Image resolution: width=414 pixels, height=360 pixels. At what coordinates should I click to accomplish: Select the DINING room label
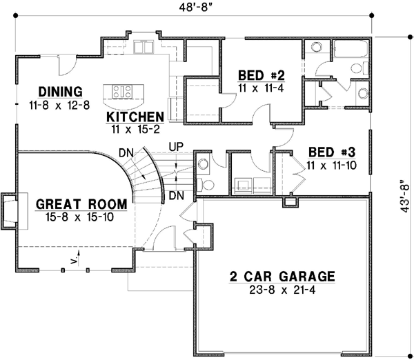(61, 91)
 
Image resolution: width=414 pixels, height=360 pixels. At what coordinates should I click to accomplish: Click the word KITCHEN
(135, 117)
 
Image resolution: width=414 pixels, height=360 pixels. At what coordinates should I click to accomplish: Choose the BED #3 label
(324, 152)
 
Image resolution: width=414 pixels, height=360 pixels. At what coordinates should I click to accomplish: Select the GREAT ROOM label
(81, 204)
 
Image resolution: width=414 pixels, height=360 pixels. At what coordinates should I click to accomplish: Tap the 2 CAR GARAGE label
(282, 277)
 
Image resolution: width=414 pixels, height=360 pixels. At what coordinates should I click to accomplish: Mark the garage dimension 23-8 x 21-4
(282, 290)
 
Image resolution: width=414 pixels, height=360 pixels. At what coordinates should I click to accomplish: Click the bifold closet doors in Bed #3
(298, 176)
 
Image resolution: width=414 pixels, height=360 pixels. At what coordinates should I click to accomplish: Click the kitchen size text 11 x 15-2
(135, 128)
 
